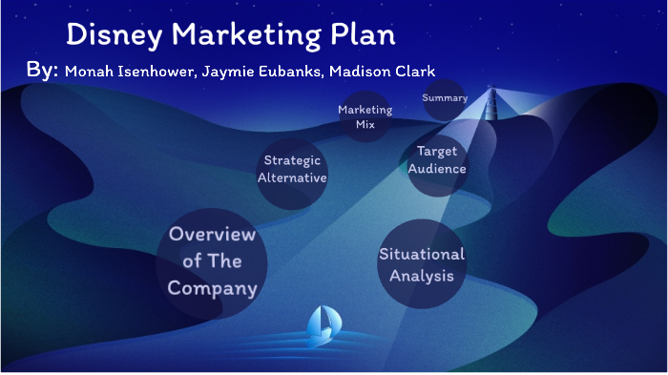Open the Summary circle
coord(445,98)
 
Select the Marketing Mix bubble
coord(365,117)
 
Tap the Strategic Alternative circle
coord(293,169)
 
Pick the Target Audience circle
coord(438,160)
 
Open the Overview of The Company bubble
coord(212,261)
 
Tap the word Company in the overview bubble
coord(212,287)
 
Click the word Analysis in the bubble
coord(422,277)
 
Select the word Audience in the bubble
coord(438,169)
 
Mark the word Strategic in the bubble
coord(292,160)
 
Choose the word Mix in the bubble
coord(365,125)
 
